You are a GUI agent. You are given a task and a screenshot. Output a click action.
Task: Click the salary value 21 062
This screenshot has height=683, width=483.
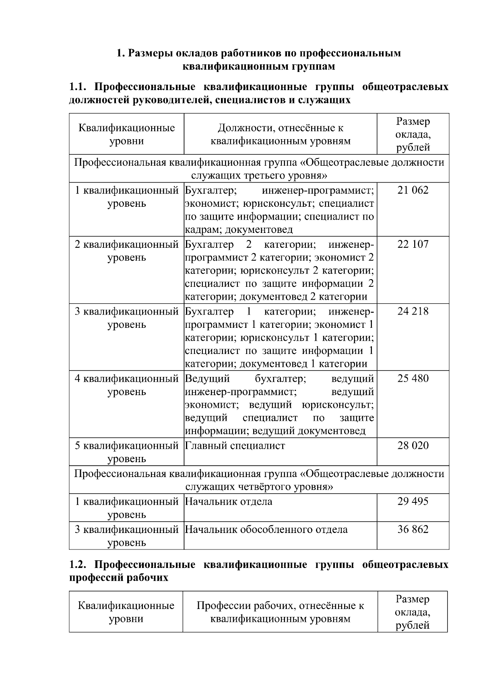coord(413,190)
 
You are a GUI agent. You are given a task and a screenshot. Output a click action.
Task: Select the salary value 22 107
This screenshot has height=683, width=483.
coord(413,244)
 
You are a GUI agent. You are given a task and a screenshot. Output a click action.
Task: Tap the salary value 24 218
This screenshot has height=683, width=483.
coord(413,311)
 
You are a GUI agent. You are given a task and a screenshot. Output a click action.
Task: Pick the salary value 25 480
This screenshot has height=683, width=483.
coord(413,379)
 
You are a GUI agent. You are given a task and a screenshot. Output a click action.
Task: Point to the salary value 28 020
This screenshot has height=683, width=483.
coord(413,446)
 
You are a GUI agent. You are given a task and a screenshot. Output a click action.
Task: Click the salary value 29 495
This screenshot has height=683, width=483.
coord(413,502)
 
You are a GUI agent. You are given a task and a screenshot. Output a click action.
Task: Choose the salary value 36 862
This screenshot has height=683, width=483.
coord(413,529)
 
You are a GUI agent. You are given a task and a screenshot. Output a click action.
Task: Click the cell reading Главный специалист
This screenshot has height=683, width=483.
coord(235,446)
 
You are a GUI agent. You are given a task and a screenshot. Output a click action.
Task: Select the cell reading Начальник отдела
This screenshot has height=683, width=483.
coord(229,502)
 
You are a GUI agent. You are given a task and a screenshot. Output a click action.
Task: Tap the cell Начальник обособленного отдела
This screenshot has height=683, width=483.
coord(266,529)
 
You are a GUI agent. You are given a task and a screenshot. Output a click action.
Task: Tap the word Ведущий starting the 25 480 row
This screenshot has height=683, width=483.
coord(207,379)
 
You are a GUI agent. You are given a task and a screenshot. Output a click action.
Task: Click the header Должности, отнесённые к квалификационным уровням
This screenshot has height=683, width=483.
coord(281,134)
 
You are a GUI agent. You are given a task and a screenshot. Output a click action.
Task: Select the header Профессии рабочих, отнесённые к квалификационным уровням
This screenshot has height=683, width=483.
coord(280,612)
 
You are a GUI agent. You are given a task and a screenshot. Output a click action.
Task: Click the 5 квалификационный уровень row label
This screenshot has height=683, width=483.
coord(126,452)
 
